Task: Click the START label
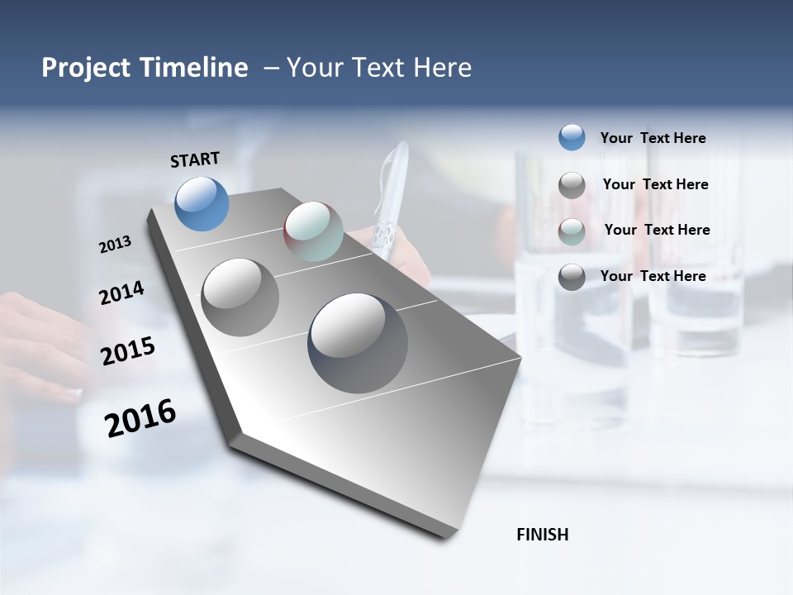point(195,159)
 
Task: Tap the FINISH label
point(542,535)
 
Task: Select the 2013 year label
point(115,245)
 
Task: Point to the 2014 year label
point(121,293)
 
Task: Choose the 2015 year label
point(128,351)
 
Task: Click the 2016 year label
point(140,418)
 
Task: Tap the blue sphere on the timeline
point(202,203)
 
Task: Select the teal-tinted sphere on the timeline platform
point(313,231)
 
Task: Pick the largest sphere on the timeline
point(358,343)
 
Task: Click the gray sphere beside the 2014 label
point(240,297)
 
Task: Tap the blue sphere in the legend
point(572,138)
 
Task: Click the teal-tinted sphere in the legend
point(572,231)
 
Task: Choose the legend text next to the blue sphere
point(653,138)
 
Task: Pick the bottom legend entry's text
point(653,276)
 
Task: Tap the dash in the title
point(270,68)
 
